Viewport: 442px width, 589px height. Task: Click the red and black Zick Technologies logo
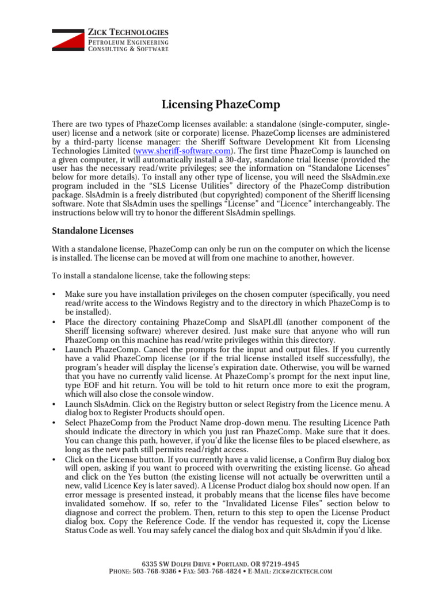[68, 40]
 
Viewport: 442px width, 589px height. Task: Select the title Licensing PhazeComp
[220, 105]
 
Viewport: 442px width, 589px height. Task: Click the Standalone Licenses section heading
[93, 230]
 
